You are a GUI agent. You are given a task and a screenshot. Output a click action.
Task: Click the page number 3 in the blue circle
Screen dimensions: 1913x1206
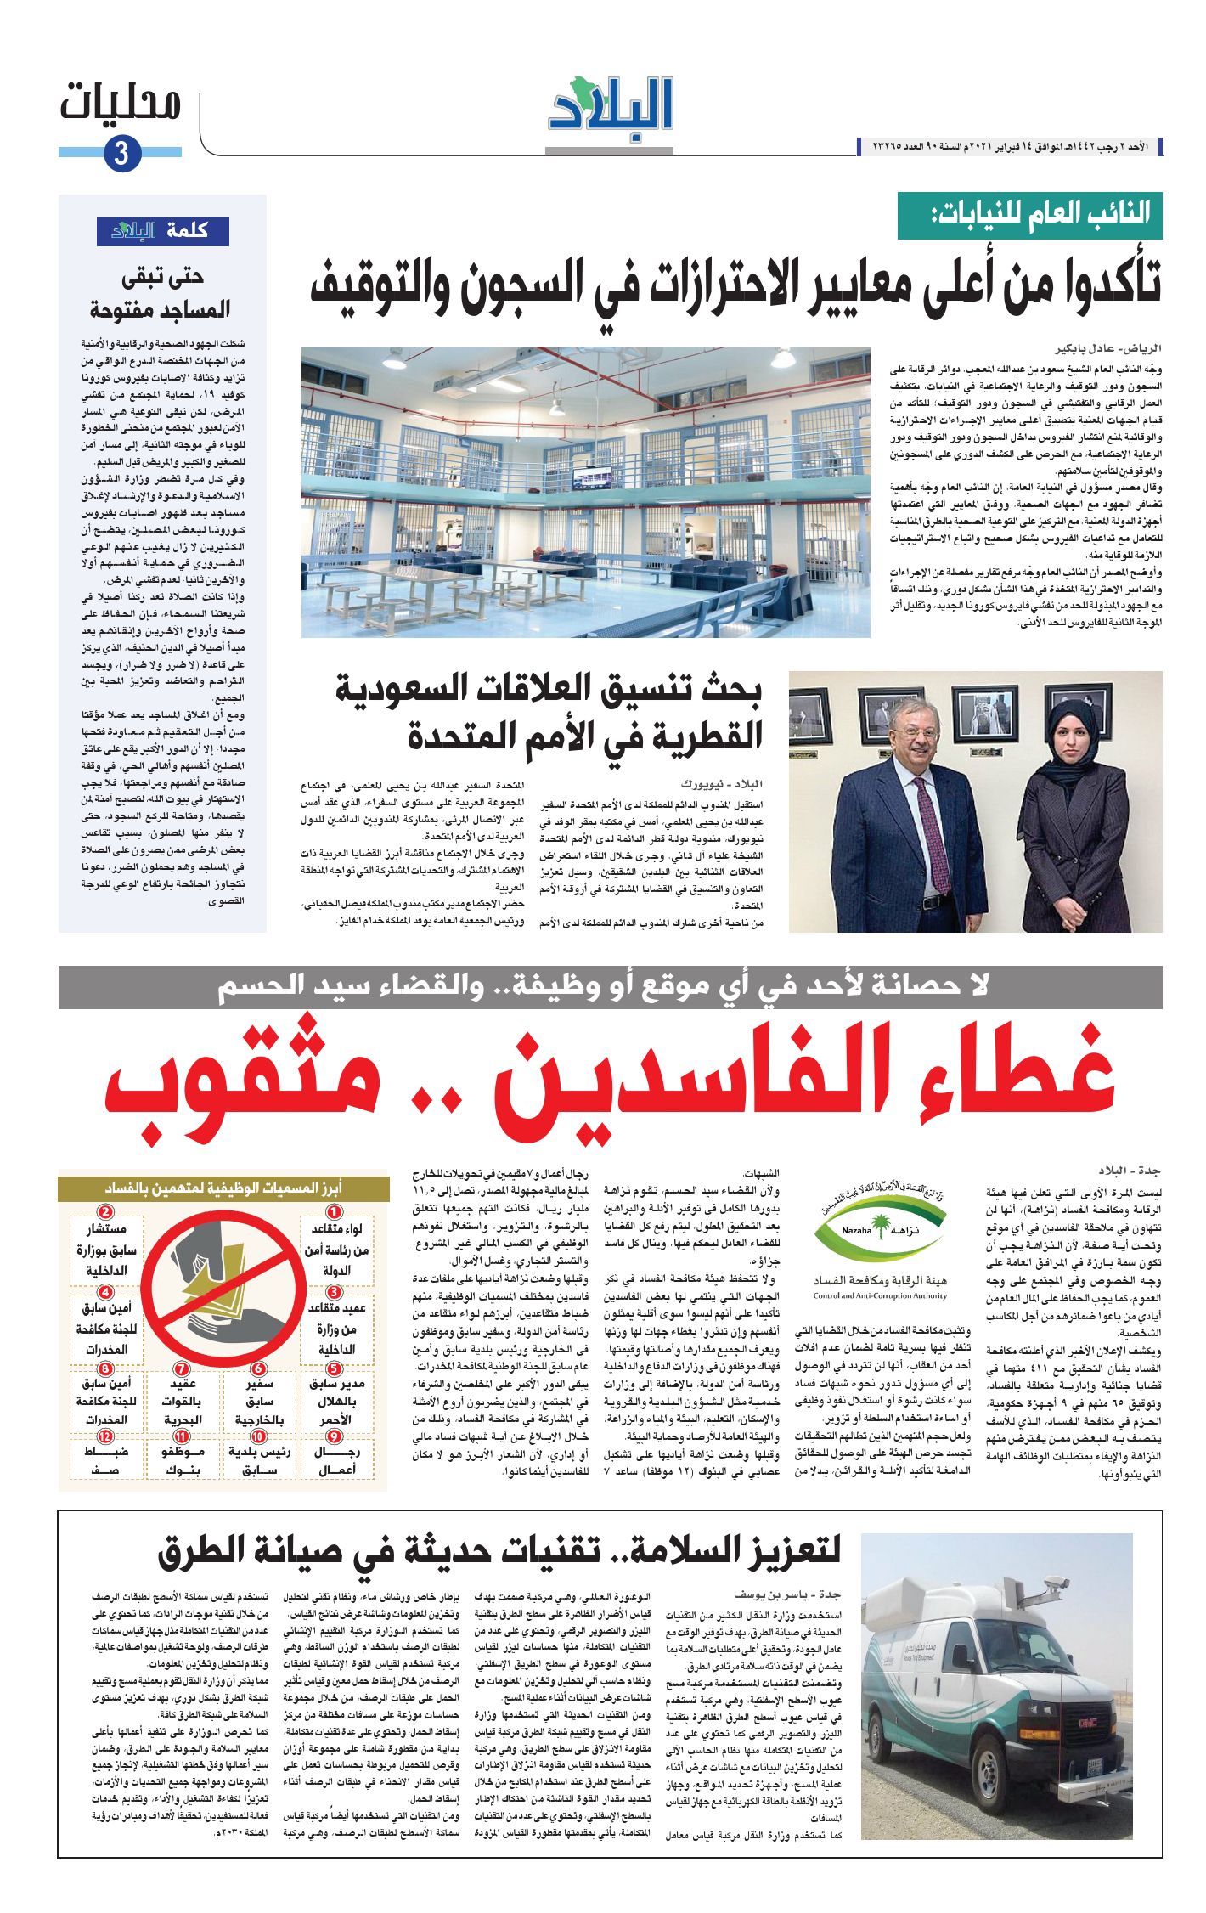click(x=121, y=155)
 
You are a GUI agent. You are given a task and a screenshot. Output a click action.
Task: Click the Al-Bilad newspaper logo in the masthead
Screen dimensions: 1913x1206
click(x=610, y=108)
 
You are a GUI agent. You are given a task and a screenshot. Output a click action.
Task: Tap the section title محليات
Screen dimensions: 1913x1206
click(x=121, y=104)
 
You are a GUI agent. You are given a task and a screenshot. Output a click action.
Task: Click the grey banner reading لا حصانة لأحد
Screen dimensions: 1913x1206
click(x=610, y=986)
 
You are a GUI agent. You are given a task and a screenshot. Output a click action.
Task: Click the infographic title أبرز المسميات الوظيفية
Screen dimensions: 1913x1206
click(x=223, y=1188)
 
